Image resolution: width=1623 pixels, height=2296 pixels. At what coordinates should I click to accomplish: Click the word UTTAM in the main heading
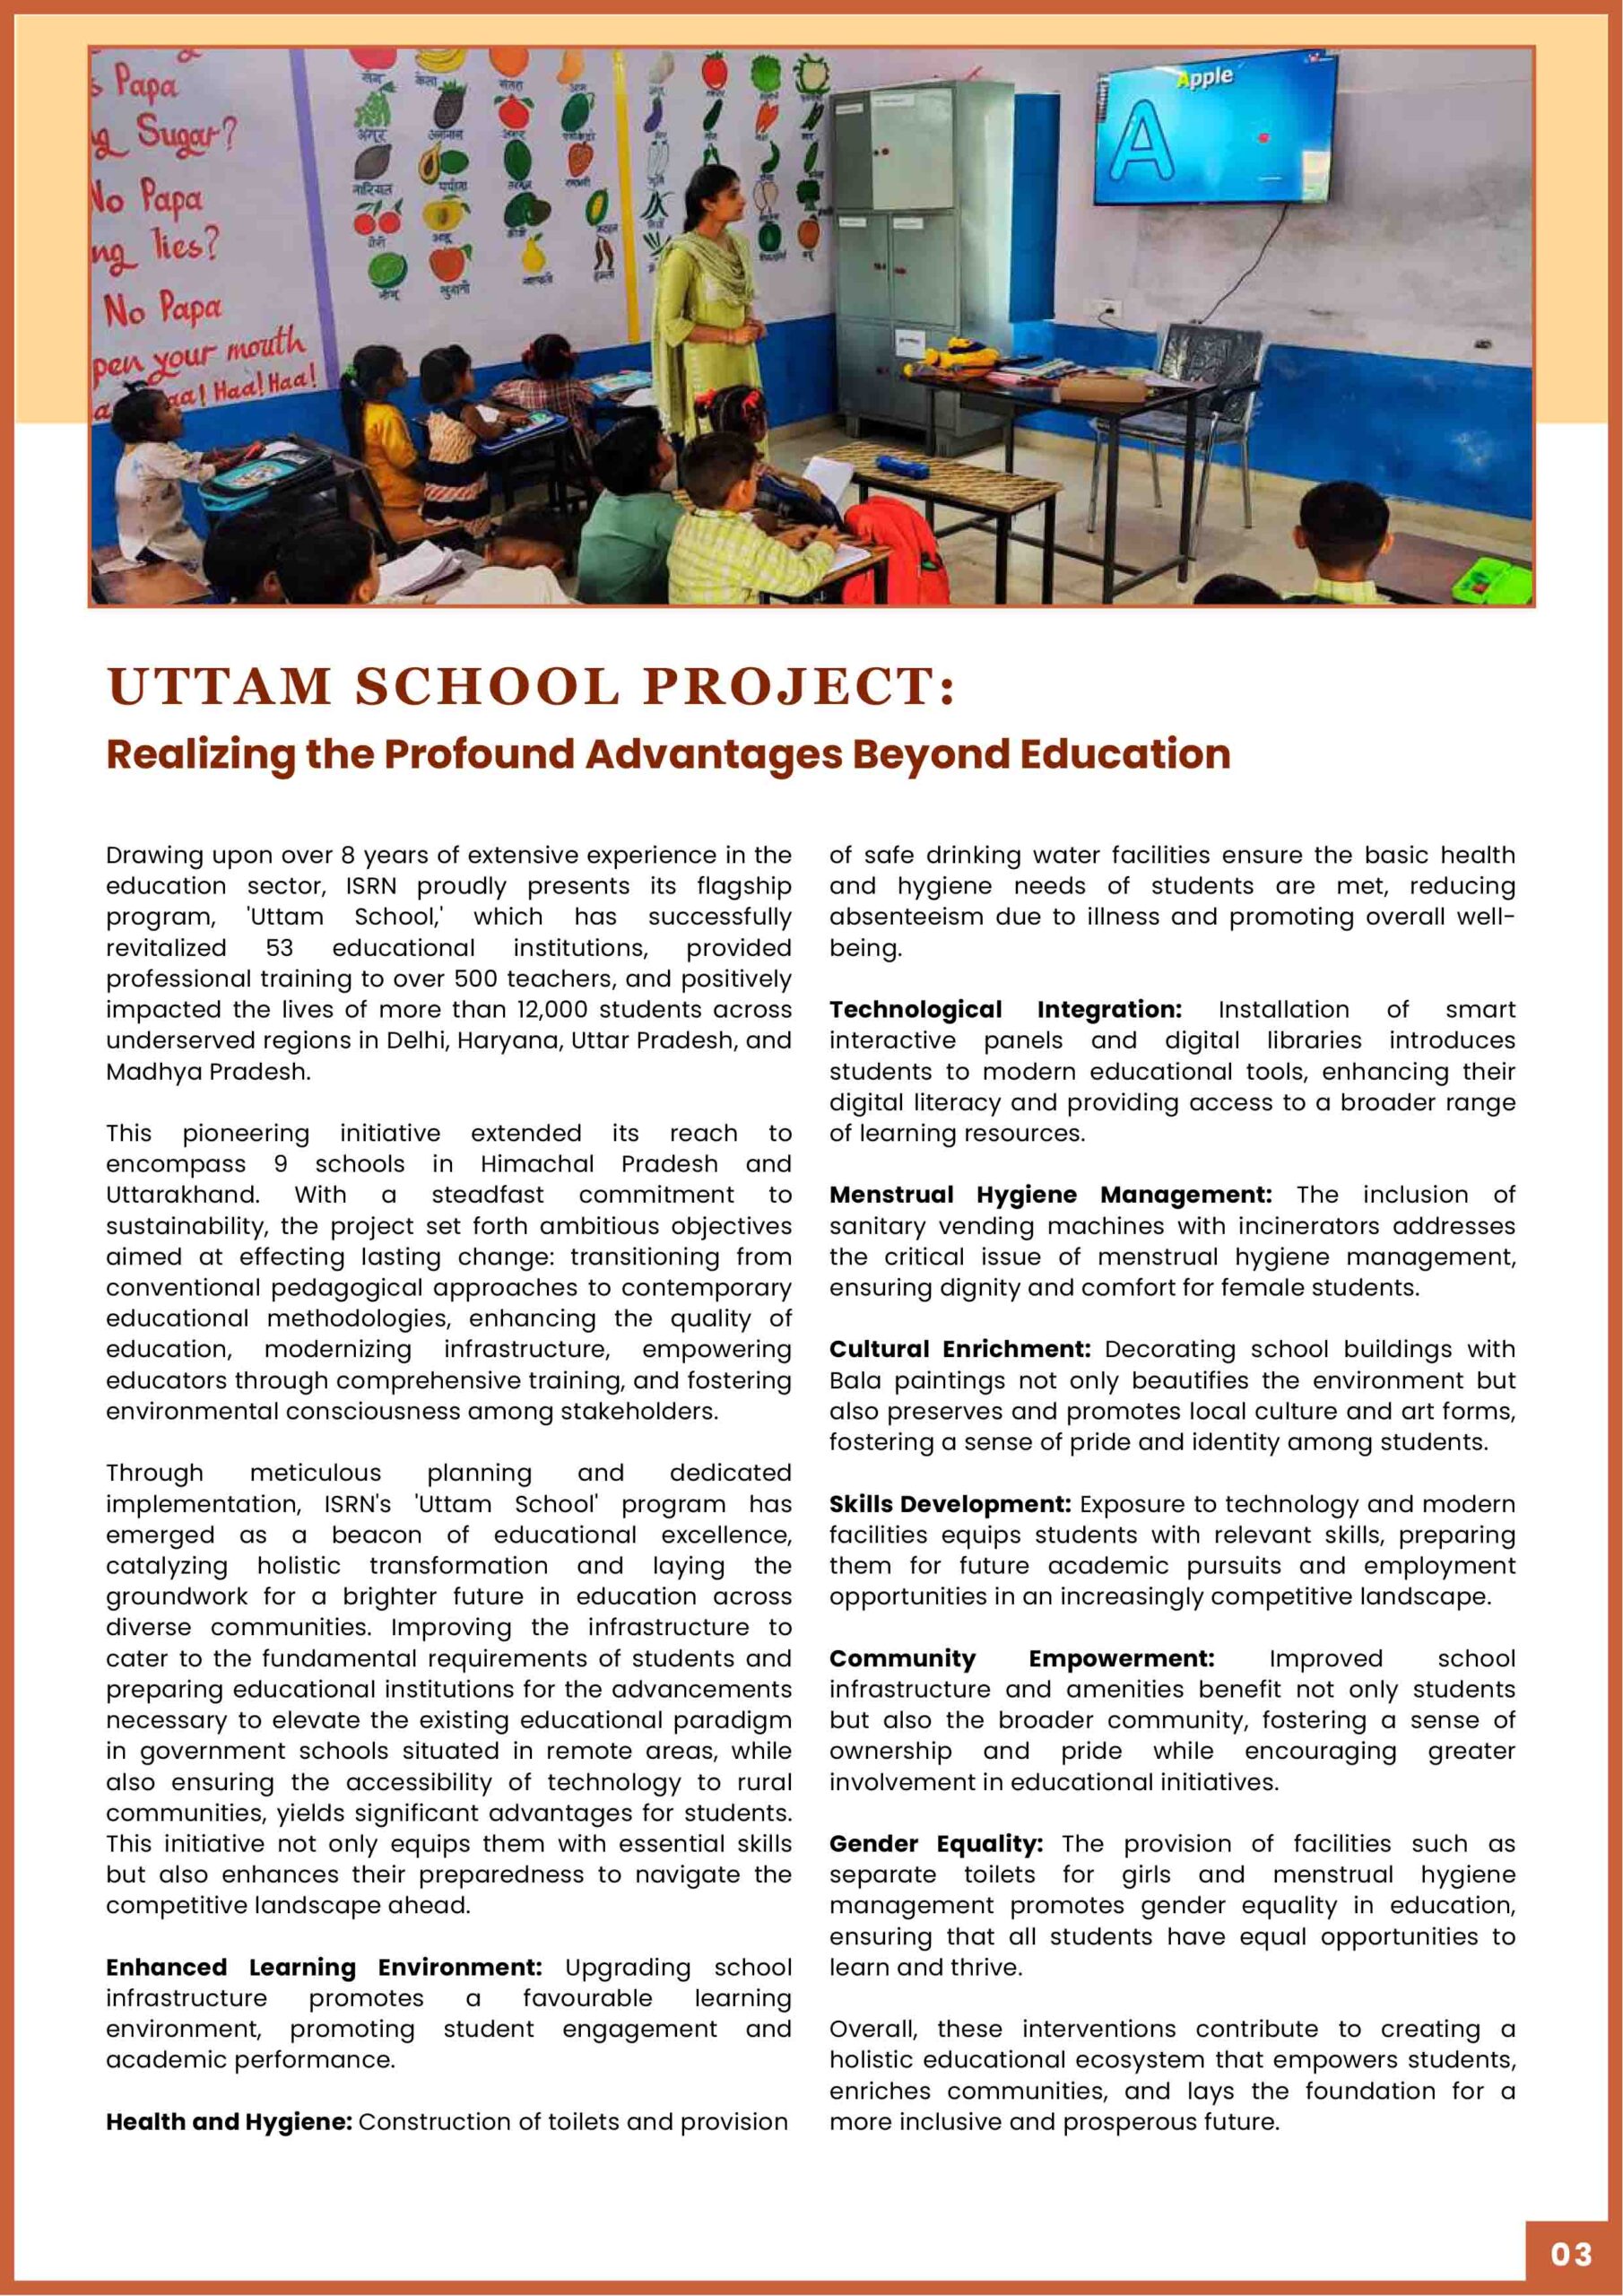(x=218, y=687)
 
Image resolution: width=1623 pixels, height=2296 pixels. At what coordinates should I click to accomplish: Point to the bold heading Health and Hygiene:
(x=228, y=2121)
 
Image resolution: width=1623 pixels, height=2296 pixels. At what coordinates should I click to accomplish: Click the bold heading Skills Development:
(x=949, y=1504)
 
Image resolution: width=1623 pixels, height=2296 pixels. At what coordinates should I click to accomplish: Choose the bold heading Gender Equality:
(x=935, y=1843)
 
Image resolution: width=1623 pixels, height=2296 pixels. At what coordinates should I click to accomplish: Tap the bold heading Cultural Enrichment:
(x=959, y=1349)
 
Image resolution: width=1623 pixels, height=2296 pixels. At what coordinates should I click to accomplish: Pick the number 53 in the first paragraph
(x=279, y=948)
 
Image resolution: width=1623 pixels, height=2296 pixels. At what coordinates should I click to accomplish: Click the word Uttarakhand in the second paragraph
(x=181, y=1195)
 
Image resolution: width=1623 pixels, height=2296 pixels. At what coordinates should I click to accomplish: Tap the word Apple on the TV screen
(x=1205, y=78)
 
